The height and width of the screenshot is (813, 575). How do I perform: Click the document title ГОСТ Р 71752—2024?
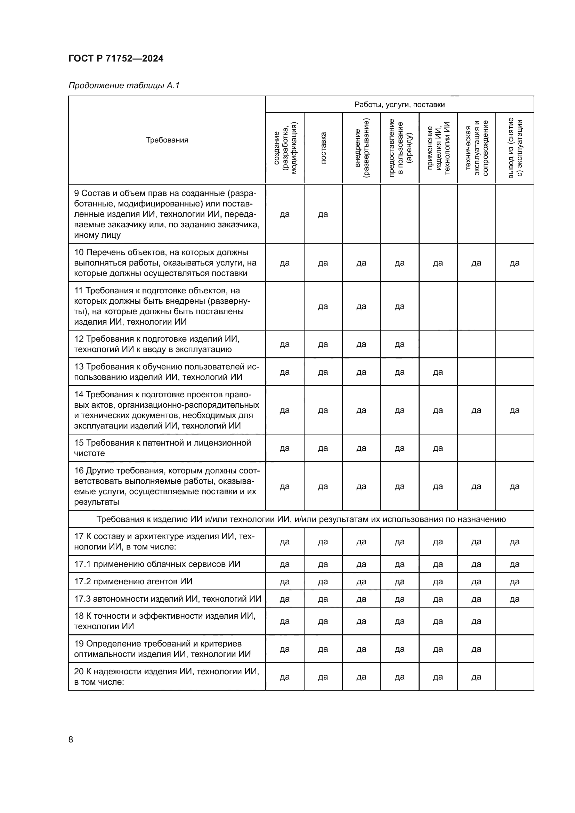[116, 58]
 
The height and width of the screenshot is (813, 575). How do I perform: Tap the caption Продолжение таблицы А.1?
[124, 86]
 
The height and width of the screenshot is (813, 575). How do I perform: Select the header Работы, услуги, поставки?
[399, 105]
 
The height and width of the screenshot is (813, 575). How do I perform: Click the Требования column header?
[167, 140]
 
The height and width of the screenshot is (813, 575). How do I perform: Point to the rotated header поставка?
[323, 148]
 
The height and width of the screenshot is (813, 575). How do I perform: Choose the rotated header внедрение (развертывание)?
[361, 148]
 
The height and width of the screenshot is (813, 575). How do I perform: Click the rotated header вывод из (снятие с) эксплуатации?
[515, 148]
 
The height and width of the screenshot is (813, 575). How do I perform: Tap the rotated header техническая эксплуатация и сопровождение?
[476, 148]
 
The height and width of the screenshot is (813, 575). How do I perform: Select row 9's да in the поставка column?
[323, 214]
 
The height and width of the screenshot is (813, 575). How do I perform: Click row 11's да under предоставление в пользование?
[399, 306]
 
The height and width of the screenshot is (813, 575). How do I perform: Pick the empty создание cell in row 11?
[285, 306]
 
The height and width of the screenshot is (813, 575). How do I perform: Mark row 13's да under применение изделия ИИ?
[438, 372]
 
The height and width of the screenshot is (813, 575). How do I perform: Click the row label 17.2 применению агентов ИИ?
[133, 582]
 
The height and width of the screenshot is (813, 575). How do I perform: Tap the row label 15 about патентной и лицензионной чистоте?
[162, 448]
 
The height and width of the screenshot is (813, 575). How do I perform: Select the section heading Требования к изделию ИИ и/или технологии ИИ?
[301, 519]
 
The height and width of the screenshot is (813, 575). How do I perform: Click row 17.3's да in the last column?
[515, 599]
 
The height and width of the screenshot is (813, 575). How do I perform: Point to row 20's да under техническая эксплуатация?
[476, 677]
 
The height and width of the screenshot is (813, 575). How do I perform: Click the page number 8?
[71, 739]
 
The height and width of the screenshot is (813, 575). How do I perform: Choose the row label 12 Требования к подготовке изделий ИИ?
[156, 344]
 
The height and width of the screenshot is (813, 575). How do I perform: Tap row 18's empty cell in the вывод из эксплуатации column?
[515, 621]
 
